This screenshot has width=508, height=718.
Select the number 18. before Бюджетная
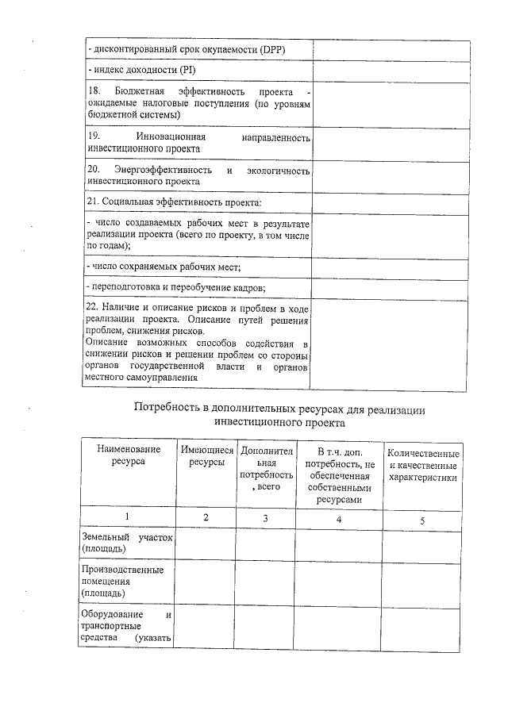click(93, 94)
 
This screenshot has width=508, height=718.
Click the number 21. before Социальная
click(92, 202)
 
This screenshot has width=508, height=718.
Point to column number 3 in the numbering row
click(265, 518)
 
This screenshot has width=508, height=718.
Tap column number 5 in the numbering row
click(422, 520)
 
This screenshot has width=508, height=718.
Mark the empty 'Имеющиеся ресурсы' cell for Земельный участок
click(205, 543)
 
